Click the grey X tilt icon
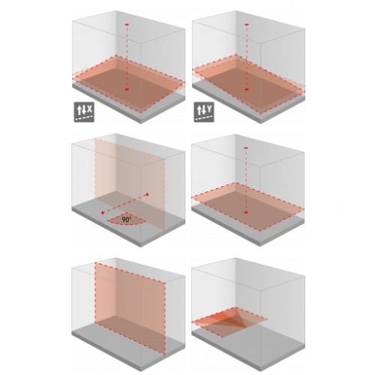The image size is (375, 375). (84, 112)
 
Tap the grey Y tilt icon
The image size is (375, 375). (204, 112)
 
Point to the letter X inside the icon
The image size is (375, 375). (90, 109)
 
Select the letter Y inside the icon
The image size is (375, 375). (210, 109)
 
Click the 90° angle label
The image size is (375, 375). (127, 220)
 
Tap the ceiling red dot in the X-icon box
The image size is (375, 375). (127, 25)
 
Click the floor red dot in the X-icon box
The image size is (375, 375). (127, 89)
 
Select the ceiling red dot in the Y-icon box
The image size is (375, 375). (247, 25)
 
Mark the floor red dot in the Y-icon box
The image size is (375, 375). (247, 89)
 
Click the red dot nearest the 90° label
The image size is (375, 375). (103, 213)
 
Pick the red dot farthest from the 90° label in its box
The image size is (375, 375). (148, 194)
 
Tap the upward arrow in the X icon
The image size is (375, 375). (79, 109)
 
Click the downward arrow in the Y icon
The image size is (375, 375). (204, 109)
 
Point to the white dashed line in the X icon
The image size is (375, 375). (84, 118)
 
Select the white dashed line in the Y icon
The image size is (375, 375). (204, 118)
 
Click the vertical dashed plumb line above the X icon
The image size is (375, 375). (127, 57)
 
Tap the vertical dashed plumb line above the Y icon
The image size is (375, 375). (247, 57)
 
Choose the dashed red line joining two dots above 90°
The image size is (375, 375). (125, 203)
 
